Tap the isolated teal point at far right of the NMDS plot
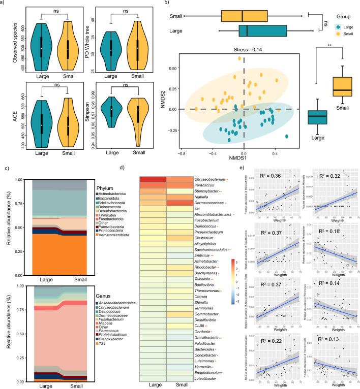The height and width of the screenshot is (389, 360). [x=287, y=136]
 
